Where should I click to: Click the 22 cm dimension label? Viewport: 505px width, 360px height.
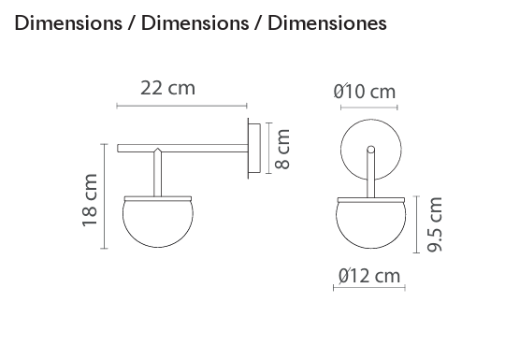click(167, 88)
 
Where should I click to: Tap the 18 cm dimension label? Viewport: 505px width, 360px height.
click(90, 200)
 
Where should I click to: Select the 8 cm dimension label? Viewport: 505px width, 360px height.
click(282, 149)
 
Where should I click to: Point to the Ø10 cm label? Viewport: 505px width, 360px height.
click(365, 91)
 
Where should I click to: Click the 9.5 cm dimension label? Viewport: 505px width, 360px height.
click(435, 224)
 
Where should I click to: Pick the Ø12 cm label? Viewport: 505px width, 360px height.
click(369, 276)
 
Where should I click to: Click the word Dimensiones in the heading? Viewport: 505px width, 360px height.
click(327, 23)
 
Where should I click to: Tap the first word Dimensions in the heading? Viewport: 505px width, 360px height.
click(68, 23)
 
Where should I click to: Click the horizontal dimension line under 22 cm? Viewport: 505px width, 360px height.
click(181, 106)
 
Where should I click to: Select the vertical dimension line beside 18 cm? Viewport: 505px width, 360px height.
click(104, 196)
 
